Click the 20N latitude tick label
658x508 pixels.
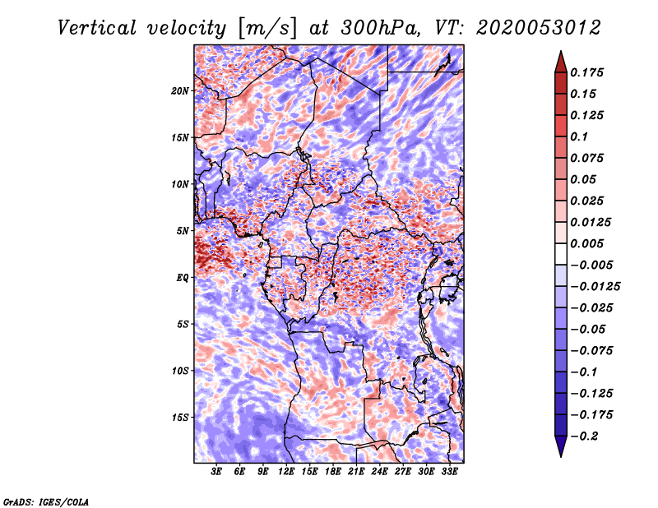180,91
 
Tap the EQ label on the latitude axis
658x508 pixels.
182,278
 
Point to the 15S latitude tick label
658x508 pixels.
180,418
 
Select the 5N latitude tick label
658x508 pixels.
183,231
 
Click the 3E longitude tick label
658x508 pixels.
216,471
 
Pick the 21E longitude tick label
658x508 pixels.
356,471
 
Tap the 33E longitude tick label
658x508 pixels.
449,471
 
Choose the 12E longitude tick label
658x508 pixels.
285,471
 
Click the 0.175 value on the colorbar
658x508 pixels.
586,72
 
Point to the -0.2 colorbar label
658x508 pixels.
584,436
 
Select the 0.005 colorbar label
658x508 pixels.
586,243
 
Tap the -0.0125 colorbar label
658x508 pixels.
595,287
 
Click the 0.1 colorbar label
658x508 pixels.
579,136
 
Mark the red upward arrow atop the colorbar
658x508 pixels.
561,62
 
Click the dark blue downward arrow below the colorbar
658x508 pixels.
561,446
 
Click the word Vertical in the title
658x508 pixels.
97,28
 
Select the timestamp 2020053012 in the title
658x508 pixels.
539,28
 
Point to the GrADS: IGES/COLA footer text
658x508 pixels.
46,501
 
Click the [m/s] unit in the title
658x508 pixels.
268,28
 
